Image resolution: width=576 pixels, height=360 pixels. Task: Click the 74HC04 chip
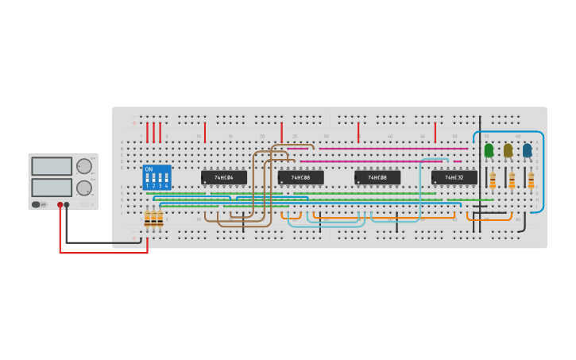(223, 177)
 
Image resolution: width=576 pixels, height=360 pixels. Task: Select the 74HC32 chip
(454, 177)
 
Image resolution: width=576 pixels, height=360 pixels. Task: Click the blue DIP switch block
(157, 177)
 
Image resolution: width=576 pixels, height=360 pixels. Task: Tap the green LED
(489, 150)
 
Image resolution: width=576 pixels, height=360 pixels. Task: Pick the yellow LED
(508, 150)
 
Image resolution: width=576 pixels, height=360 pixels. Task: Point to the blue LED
(527, 150)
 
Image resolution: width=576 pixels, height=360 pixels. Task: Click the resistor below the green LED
(493, 182)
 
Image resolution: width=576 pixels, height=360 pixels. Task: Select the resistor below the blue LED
(531, 182)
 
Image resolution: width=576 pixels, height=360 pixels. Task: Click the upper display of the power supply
(52, 166)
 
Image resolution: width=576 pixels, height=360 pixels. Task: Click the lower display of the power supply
(52, 188)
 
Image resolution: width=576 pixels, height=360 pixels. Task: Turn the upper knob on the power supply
(83, 166)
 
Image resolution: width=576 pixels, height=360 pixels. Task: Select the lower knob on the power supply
(83, 188)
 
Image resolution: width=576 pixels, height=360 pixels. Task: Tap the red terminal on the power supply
(60, 204)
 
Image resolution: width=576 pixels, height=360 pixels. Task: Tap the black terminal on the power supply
(67, 204)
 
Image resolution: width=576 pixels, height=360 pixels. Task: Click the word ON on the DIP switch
(149, 169)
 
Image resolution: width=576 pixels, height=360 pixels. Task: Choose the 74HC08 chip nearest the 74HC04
(300, 177)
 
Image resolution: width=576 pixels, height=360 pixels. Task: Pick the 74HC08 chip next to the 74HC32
(377, 177)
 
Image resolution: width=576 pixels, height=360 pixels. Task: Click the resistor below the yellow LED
(512, 182)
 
